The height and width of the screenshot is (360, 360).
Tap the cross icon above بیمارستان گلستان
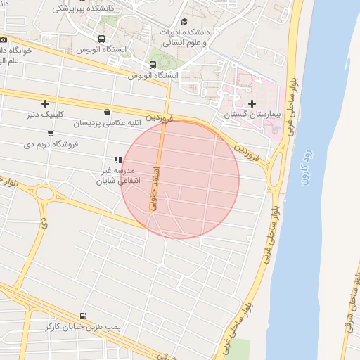click(252, 104)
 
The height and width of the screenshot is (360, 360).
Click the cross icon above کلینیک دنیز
click(46, 104)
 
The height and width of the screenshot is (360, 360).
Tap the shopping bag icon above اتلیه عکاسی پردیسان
click(107, 112)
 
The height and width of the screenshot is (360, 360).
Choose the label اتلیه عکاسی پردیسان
click(106, 123)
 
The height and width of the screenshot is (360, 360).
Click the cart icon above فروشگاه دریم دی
click(51, 134)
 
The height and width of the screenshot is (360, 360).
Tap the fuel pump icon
click(85, 316)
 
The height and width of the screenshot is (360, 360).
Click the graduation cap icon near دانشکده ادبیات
click(185, 22)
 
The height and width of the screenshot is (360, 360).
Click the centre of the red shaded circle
click(180, 179)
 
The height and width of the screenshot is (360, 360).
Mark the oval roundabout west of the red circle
click(46, 193)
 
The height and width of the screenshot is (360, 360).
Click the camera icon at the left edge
click(3, 41)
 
